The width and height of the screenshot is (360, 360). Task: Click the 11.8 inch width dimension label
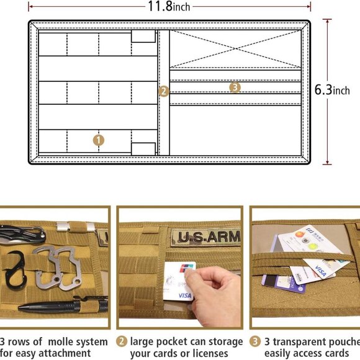point(168,7)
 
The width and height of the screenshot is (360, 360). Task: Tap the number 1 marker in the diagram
point(99,140)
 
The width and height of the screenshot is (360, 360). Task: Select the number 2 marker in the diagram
point(163,91)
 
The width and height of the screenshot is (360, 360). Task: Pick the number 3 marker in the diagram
point(235,87)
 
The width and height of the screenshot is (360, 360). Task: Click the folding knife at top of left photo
point(22,234)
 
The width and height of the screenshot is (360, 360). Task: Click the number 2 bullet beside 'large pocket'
point(122,342)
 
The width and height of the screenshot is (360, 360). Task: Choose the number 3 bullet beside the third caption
point(255,342)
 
